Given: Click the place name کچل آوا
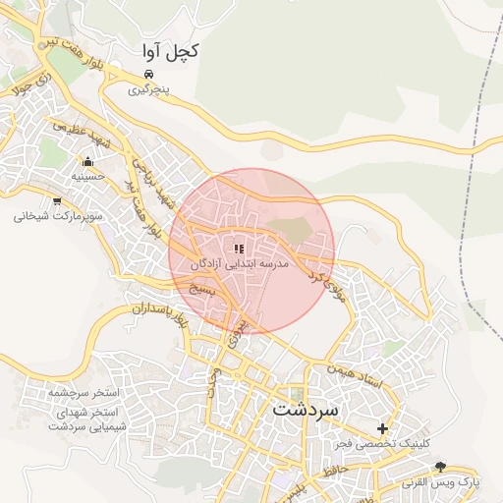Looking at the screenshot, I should click(169, 51).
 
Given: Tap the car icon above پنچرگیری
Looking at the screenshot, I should click(147, 75).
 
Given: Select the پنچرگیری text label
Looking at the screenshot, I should click(150, 89).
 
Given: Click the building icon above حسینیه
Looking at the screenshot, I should click(88, 162).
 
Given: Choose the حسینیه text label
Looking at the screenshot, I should click(88, 177).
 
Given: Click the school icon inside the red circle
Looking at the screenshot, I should click(239, 250).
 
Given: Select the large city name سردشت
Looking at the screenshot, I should click(306, 407).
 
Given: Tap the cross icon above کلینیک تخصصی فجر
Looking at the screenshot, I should click(383, 428).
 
